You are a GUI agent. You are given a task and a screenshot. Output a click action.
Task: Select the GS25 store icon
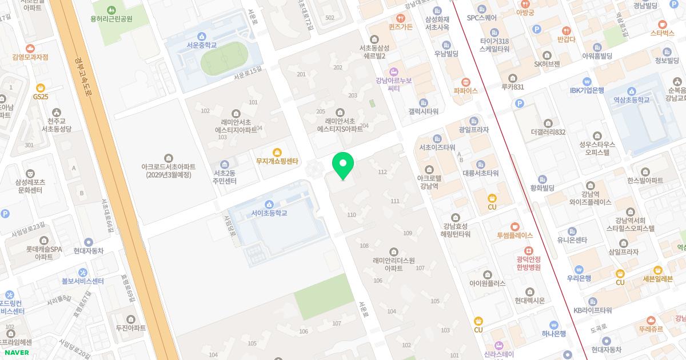41,88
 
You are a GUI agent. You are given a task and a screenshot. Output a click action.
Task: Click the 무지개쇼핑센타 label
278,162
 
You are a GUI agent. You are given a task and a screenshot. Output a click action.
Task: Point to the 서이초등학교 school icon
269,204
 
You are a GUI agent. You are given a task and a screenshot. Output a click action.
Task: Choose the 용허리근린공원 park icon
111,10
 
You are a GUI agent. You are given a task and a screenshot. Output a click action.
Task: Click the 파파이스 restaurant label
465,91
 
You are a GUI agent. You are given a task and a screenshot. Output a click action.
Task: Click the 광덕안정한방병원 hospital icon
528,250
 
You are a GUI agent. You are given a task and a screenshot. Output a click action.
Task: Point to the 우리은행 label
579,278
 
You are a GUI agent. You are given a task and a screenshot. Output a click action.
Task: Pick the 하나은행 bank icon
553,325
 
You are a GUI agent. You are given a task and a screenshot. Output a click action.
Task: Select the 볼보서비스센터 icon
83,272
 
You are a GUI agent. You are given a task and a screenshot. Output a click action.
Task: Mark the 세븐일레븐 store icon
658,270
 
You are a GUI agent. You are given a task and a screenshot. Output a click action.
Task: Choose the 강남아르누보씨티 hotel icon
393,71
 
